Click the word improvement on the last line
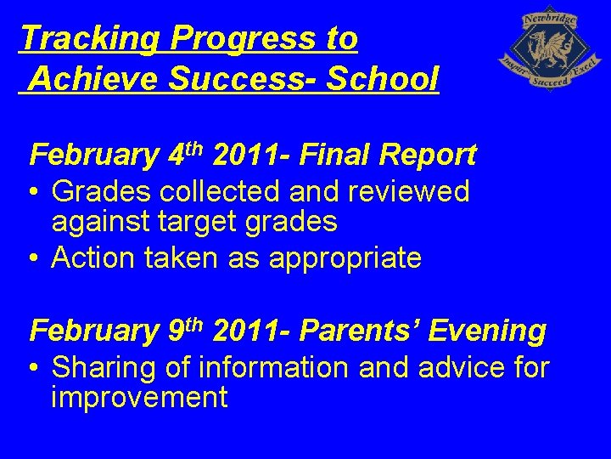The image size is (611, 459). (139, 398)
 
